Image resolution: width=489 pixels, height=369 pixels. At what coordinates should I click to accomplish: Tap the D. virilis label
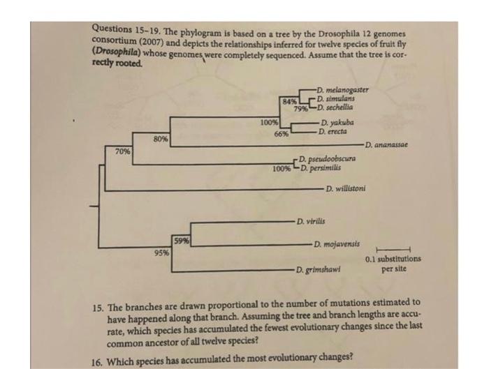point(310,222)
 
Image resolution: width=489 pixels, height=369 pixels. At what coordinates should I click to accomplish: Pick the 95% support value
point(162,253)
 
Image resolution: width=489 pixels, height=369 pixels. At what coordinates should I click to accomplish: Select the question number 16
point(102,354)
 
